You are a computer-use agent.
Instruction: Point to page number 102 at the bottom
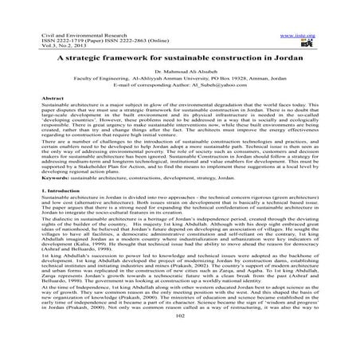click(x=179, y=337)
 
